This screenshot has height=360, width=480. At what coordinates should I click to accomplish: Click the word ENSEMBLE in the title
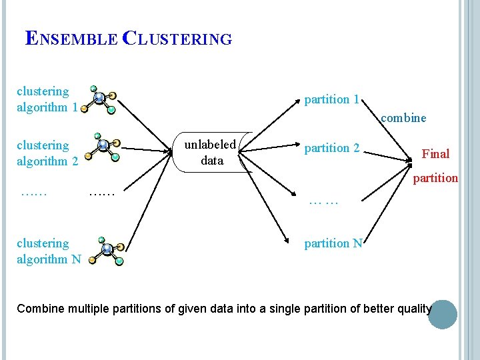click(x=71, y=38)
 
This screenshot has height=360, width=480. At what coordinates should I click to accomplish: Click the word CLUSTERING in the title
click(x=177, y=38)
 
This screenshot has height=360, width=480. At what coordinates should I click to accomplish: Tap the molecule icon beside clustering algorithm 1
click(x=99, y=100)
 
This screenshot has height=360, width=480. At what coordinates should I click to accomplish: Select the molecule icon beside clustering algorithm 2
click(x=103, y=147)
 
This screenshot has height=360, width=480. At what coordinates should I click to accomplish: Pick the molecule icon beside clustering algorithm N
click(x=107, y=251)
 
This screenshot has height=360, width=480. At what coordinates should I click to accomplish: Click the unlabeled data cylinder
click(x=213, y=152)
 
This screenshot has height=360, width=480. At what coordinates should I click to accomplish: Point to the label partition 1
click(x=331, y=99)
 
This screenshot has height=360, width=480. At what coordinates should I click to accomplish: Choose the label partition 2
click(x=332, y=148)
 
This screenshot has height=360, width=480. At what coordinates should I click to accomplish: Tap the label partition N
click(x=333, y=243)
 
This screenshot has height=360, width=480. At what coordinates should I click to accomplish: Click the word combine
click(x=403, y=118)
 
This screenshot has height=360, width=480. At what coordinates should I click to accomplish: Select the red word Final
click(x=435, y=154)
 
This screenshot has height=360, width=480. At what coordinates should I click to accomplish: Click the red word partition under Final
click(x=435, y=178)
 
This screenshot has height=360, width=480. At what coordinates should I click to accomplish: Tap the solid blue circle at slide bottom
click(x=443, y=315)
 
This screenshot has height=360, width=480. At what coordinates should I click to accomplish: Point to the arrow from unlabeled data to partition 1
click(x=269, y=125)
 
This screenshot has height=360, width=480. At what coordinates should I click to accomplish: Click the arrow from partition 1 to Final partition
click(x=387, y=130)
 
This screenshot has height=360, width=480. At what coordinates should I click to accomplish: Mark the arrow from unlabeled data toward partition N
click(x=263, y=198)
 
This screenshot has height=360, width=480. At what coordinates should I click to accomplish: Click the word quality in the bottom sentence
click(x=415, y=309)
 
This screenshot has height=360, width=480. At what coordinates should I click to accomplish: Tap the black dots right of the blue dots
click(x=101, y=194)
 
